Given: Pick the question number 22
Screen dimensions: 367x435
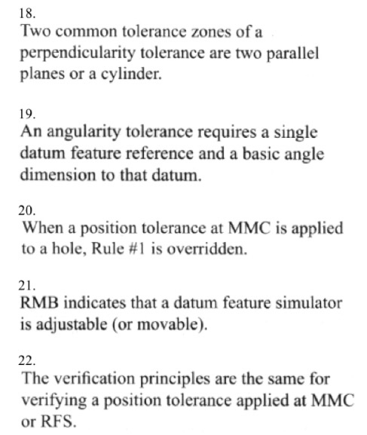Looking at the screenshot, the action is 27,362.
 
